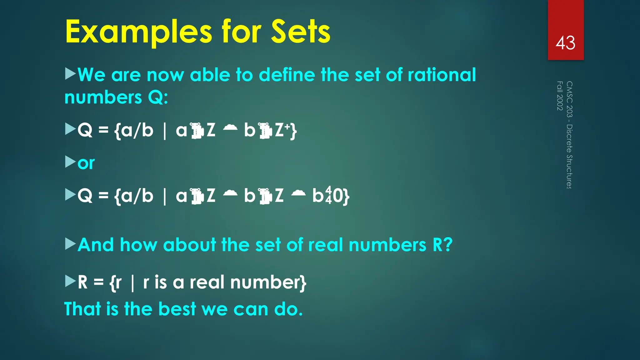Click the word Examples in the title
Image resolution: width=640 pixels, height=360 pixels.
tap(139, 32)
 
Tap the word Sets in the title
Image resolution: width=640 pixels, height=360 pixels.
tap(301, 32)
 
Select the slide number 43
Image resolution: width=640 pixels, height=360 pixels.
tap(565, 43)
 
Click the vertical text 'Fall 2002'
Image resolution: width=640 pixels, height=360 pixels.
tap(560, 96)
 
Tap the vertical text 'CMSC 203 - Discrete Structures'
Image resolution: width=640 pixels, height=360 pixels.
tap(569, 135)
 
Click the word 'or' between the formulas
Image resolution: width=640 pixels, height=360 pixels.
tap(86, 163)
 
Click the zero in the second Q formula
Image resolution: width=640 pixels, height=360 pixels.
tap(338, 196)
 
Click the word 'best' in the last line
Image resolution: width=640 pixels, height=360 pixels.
tap(177, 309)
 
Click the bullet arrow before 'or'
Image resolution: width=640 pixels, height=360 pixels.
tap(70, 162)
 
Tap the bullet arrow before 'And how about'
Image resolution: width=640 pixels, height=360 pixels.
tap(70, 244)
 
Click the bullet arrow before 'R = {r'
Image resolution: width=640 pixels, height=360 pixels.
tap(70, 281)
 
